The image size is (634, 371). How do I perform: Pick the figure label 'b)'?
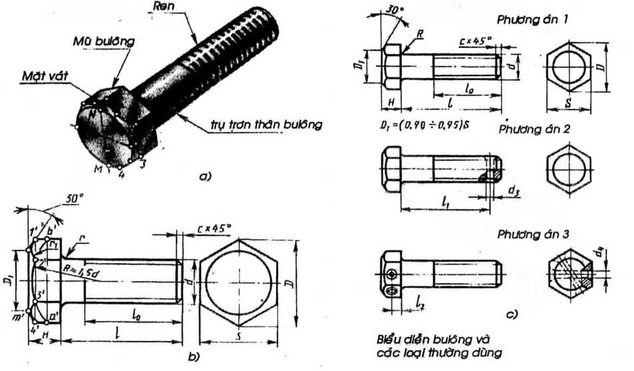[x=193, y=357]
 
